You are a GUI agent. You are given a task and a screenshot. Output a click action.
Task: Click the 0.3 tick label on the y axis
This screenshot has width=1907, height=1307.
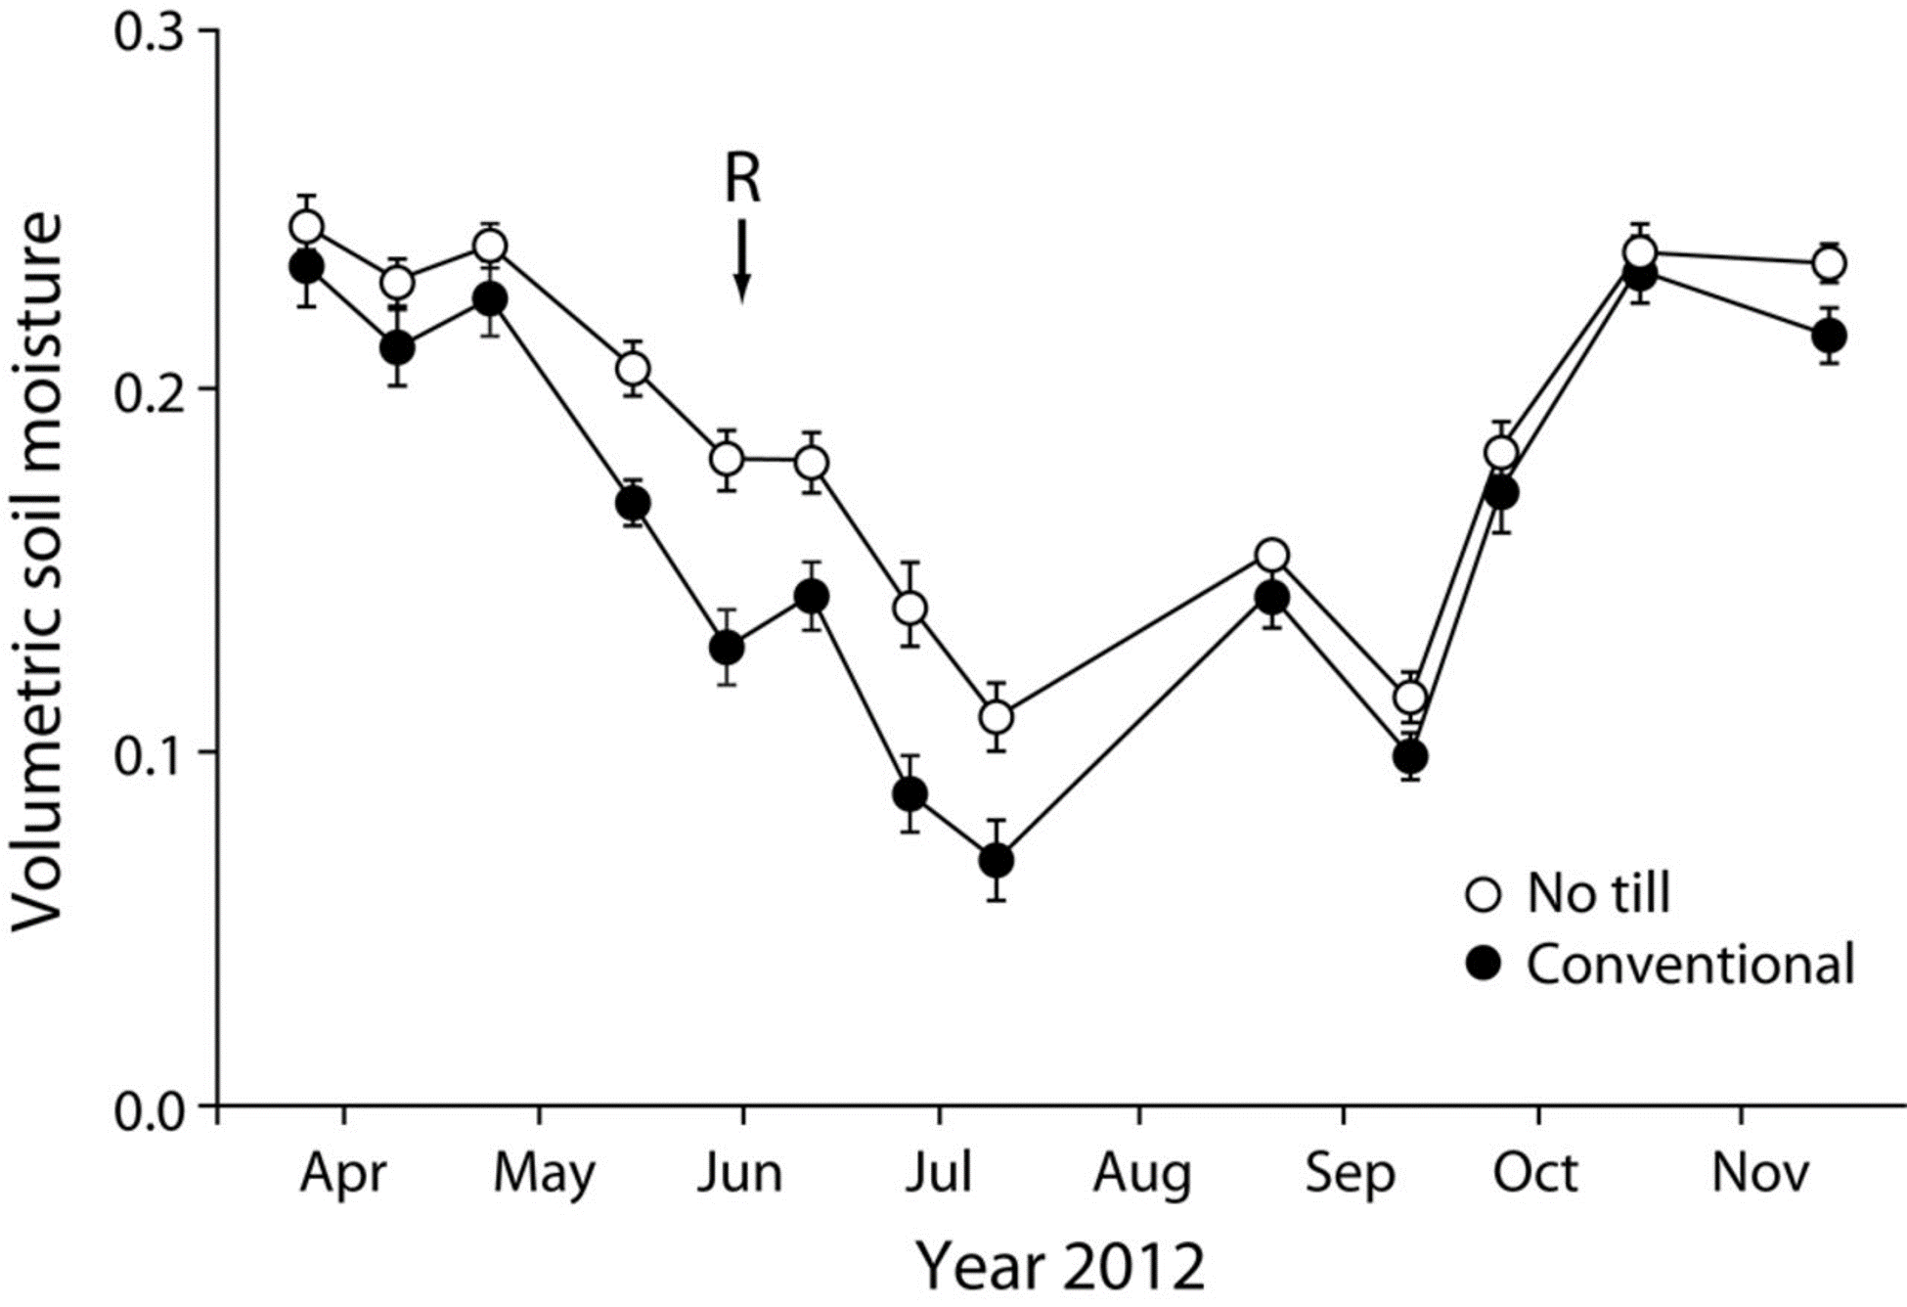[x=150, y=32]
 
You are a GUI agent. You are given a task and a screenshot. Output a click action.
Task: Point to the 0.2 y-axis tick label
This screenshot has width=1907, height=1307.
[x=150, y=389]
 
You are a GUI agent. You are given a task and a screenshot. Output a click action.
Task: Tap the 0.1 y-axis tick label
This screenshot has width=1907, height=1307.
[x=150, y=751]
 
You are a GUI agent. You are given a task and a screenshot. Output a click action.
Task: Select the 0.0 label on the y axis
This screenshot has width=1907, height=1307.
[x=150, y=1109]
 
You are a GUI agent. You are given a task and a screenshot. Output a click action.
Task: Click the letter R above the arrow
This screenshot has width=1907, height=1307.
[x=742, y=180]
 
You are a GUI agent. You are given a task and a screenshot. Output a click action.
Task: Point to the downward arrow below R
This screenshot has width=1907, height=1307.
[x=742, y=260]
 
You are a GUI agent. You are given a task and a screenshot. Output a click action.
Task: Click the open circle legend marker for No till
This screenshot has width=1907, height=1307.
[x=1485, y=894]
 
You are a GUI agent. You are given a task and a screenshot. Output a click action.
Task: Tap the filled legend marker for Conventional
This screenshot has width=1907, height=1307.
[x=1485, y=966]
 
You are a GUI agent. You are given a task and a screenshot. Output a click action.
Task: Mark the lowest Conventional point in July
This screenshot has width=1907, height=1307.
[x=997, y=861]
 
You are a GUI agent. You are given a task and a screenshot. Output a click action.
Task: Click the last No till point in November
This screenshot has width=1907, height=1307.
[x=1829, y=263]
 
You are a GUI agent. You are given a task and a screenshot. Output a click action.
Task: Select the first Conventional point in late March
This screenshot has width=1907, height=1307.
[x=307, y=267]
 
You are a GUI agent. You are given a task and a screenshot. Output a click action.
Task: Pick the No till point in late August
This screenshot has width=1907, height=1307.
[x=1271, y=556]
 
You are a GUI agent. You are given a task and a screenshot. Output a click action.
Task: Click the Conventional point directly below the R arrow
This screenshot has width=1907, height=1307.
[x=727, y=648]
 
